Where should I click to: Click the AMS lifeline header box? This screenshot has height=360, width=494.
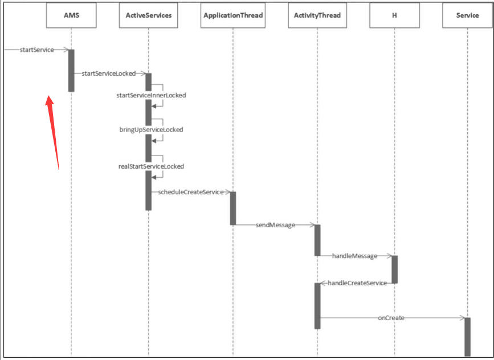pos(71,15)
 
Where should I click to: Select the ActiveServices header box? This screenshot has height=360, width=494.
pos(148,15)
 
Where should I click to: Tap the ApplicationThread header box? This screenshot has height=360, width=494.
pos(233,15)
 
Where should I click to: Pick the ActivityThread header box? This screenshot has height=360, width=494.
pos(317,15)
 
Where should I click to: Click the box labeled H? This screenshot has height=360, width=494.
pos(394,15)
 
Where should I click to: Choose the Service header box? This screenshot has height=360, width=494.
pos(467,15)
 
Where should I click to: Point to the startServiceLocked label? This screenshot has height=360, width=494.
pos(109,73)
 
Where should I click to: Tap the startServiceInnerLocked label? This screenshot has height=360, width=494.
pos(151,95)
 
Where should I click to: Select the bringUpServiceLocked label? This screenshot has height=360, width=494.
pos(151,130)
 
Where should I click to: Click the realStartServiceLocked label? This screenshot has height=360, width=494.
pos(151,166)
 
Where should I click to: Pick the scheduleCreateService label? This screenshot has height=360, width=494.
pos(190,192)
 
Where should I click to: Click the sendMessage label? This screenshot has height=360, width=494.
pos(275,225)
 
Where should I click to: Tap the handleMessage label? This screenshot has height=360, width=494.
pos(355,256)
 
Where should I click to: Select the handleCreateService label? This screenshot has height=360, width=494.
pos(357,283)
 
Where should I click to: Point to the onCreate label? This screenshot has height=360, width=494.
pos(391,317)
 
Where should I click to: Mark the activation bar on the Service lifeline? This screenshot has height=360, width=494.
pos(468,336)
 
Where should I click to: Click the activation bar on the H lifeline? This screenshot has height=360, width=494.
pos(394,269)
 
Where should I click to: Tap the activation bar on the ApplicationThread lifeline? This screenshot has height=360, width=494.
pos(233,208)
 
